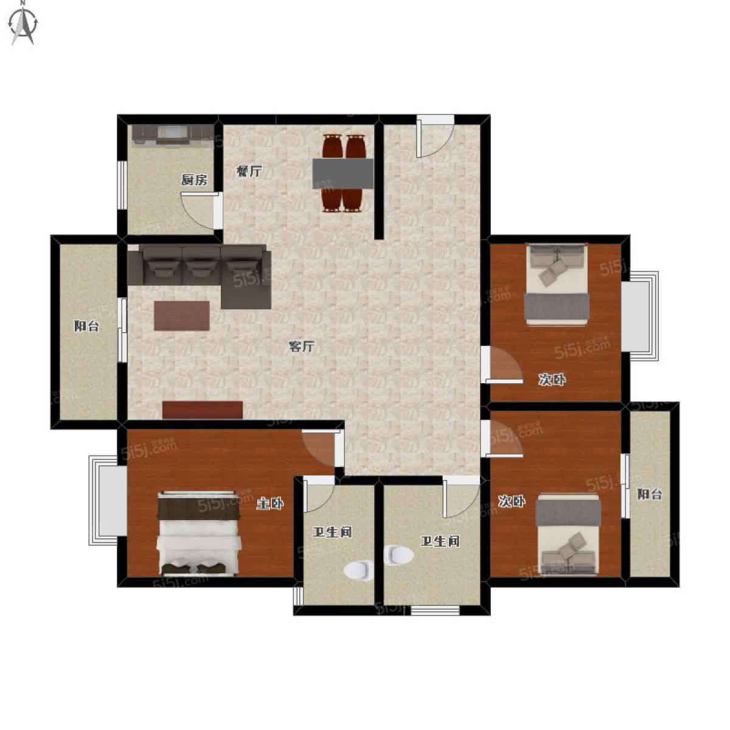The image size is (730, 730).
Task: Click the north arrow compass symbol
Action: pos(24,24)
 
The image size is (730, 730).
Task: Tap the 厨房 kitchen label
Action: pos(194,179)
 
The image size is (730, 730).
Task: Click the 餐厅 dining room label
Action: pos(249,171)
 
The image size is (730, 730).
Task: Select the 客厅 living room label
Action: pos(302,346)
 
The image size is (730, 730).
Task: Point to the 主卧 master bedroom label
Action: pos(270,504)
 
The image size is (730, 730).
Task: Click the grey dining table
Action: pos(343,173)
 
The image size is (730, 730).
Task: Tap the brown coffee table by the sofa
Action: pos(182,316)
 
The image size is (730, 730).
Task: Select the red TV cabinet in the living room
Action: pos(203,410)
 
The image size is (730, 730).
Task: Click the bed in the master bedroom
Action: pos(200,534)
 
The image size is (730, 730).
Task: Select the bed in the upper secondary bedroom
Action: pos(557,285)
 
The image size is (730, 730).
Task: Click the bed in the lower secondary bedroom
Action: pos(568,535)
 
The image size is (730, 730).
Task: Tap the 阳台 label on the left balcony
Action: pos(86,326)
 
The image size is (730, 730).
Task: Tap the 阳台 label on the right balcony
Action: pos(649,494)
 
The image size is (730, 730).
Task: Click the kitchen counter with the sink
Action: pos(172,135)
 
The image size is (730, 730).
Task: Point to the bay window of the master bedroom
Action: pos(108,500)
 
